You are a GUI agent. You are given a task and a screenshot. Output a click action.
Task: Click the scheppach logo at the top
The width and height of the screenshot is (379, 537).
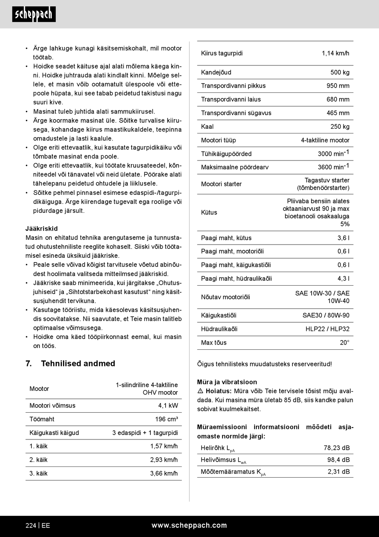coord(34,14)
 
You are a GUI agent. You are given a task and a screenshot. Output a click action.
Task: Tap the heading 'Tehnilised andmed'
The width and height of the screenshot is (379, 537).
coord(78,363)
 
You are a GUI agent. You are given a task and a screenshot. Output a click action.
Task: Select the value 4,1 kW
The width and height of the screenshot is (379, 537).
coord(168,406)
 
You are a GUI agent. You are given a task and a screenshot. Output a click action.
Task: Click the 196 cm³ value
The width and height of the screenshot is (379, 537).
coord(166,419)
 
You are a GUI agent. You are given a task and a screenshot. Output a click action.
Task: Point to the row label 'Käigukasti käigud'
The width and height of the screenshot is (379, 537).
coord(54,433)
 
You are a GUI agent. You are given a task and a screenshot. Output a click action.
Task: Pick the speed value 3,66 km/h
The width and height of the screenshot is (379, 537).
coord(164,473)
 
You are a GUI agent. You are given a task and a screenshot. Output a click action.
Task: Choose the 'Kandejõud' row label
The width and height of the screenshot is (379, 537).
coord(216,72)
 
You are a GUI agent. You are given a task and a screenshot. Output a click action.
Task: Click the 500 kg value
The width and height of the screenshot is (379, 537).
coord(340,72)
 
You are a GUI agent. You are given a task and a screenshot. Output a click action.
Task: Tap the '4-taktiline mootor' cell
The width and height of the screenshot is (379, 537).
coord(325,140)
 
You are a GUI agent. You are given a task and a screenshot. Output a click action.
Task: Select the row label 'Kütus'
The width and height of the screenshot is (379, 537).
coord(209,212)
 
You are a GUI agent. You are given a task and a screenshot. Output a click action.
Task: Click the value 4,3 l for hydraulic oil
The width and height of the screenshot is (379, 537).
coord(343,278)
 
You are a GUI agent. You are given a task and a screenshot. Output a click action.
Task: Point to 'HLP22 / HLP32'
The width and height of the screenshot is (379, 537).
coord(327,329)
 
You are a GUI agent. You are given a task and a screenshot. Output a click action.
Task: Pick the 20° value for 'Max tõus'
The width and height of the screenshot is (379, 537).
coord(344,342)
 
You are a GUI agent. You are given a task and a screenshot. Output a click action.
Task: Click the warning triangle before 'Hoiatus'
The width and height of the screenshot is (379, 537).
coord(200,391)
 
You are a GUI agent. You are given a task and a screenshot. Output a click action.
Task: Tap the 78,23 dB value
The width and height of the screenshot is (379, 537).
coord(336,448)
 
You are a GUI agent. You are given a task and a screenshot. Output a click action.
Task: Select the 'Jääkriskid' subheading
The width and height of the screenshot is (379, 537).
coord(41,229)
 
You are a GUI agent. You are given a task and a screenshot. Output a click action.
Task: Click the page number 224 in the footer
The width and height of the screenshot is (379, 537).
coord(31,525)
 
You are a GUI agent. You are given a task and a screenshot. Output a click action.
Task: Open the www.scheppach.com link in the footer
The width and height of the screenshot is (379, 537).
coord(189,525)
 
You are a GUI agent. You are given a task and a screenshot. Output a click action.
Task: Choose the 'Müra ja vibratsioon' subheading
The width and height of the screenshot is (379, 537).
coord(227,382)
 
